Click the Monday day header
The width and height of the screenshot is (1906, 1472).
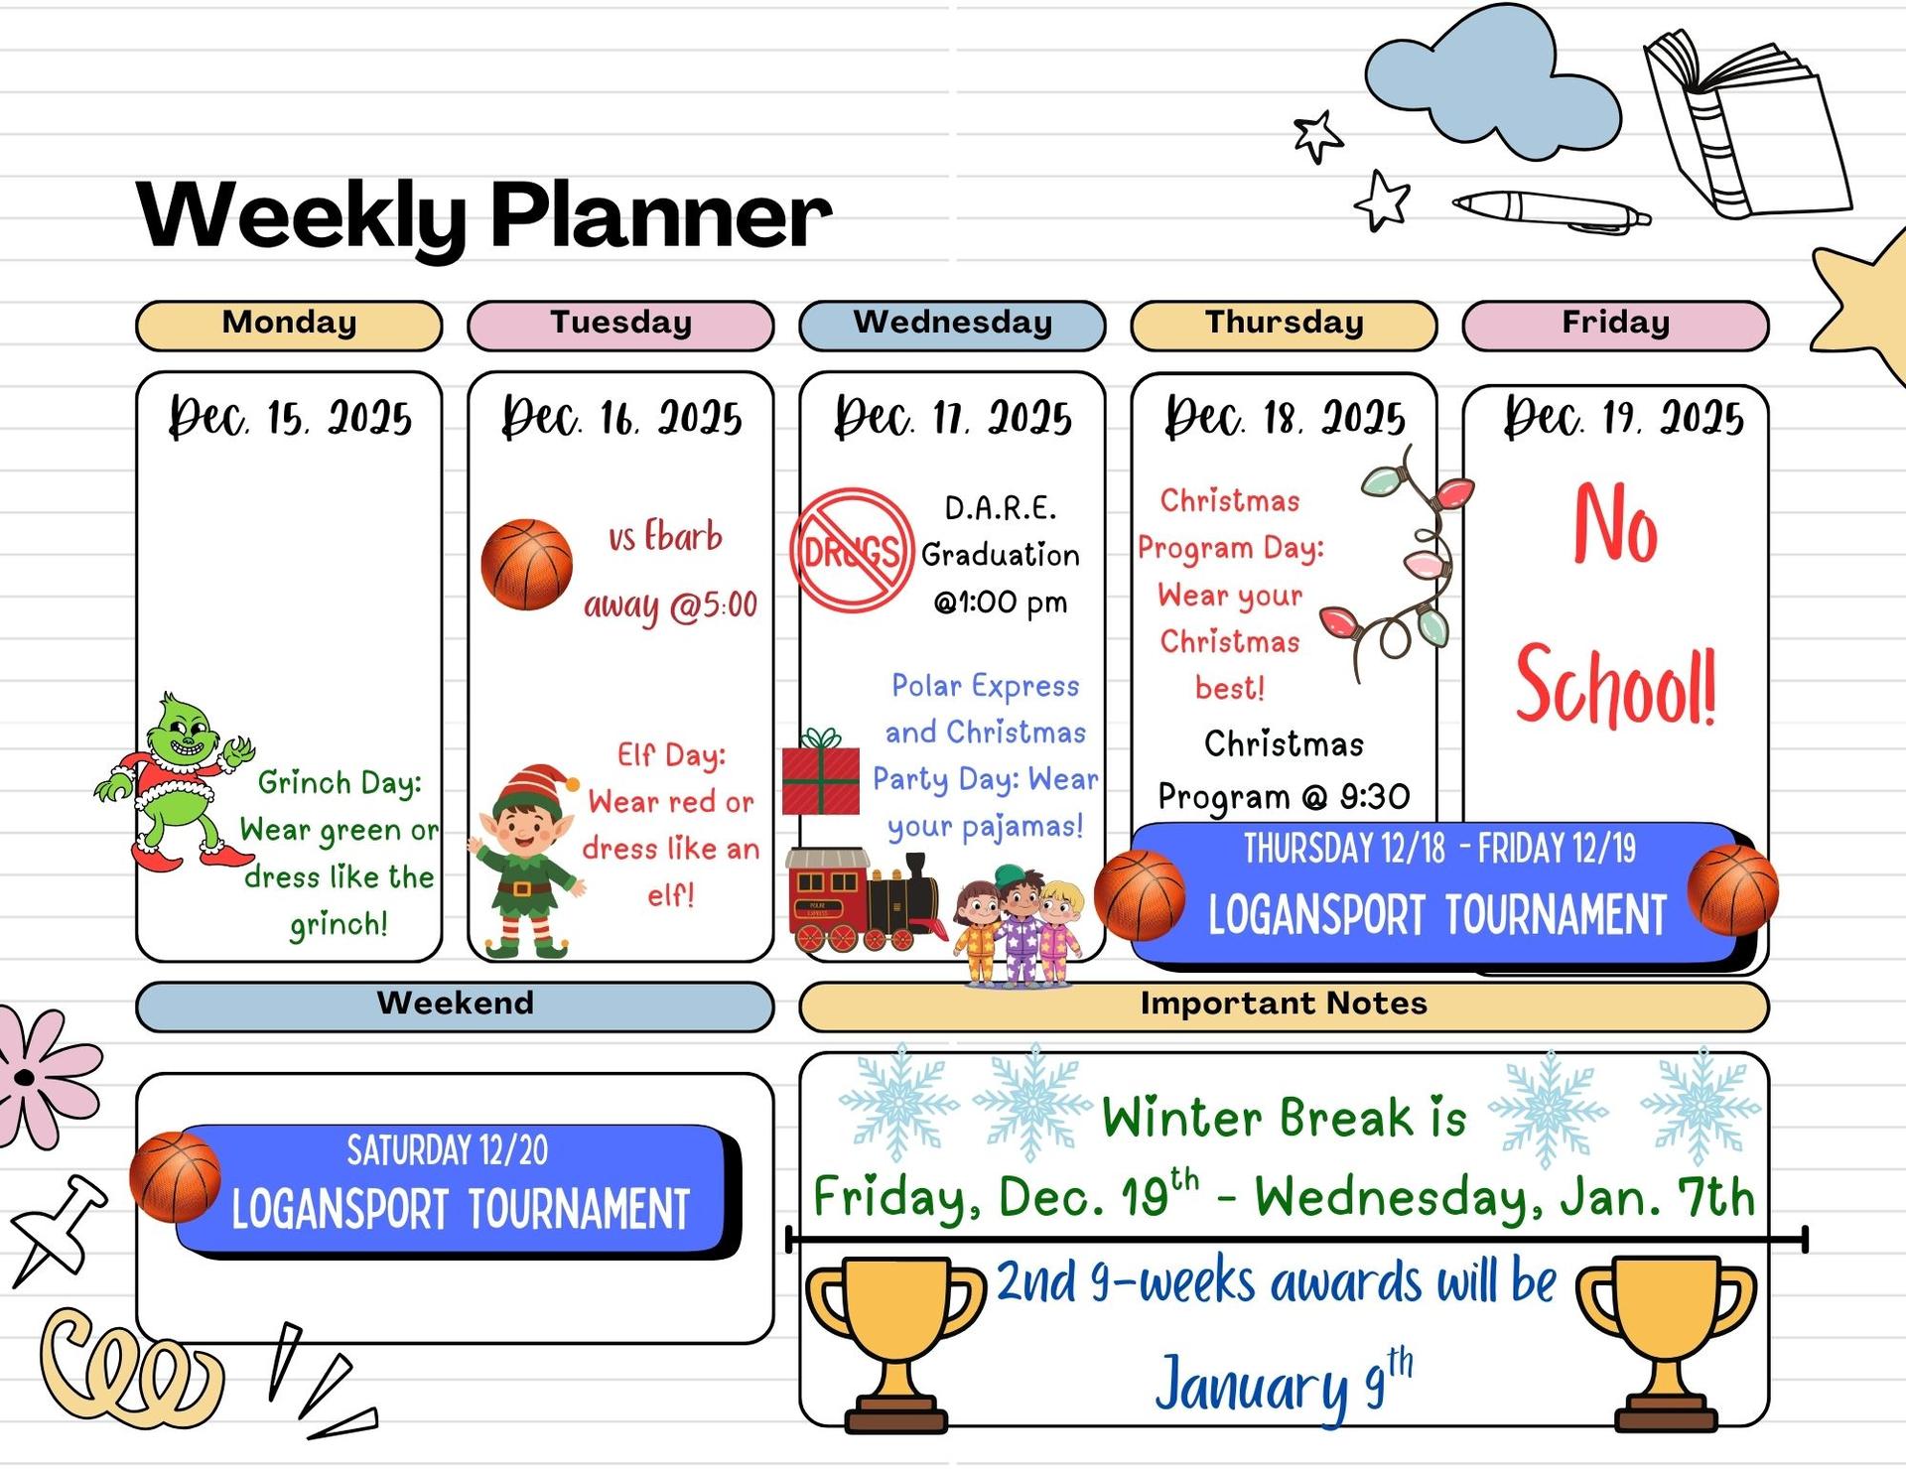(x=289, y=325)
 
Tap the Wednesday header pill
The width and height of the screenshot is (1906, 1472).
(x=952, y=325)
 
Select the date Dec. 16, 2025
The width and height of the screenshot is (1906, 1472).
(x=621, y=417)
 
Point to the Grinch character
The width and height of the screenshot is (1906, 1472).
(x=175, y=782)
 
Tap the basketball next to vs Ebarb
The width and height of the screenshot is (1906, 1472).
(x=526, y=564)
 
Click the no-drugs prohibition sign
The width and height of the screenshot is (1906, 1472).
(x=851, y=549)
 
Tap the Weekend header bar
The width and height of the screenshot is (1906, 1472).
(x=455, y=1005)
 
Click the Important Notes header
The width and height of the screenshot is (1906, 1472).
(x=1284, y=1005)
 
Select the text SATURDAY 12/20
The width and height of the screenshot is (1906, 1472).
(x=448, y=1150)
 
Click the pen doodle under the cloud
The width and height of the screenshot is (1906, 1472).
(x=1551, y=211)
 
